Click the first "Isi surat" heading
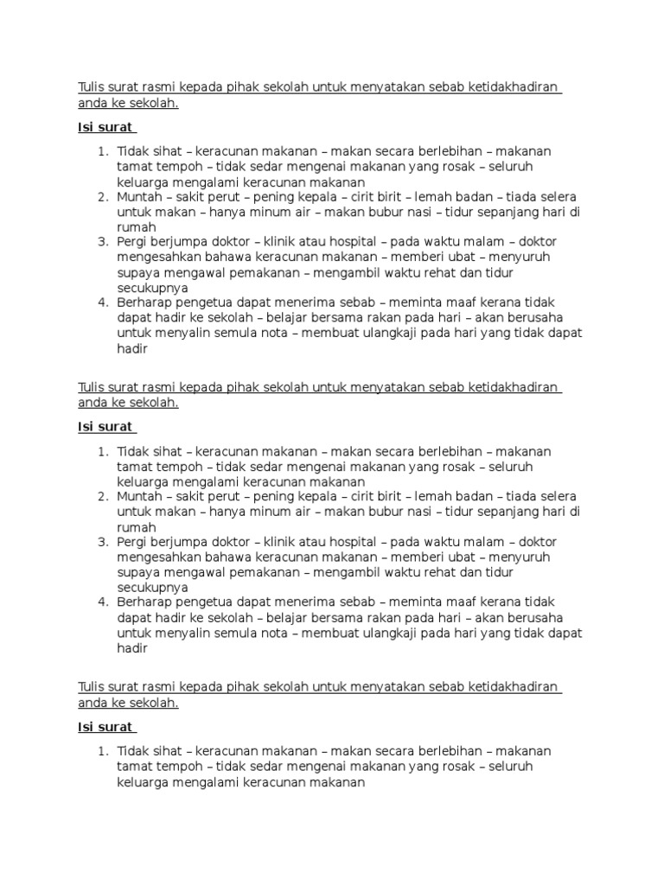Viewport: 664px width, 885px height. (x=105, y=127)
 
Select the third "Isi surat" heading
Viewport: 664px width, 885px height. (x=105, y=728)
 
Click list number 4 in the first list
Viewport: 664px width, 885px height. (x=102, y=302)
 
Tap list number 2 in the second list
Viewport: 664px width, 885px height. (x=102, y=497)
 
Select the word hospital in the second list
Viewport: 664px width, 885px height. (x=349, y=542)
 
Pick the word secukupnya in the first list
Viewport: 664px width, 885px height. (x=153, y=288)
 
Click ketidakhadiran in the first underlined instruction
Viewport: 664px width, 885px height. (x=514, y=88)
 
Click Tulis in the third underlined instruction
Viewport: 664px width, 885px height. (x=91, y=688)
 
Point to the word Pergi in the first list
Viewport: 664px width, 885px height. (x=133, y=241)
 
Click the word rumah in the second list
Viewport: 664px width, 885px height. (x=137, y=528)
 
